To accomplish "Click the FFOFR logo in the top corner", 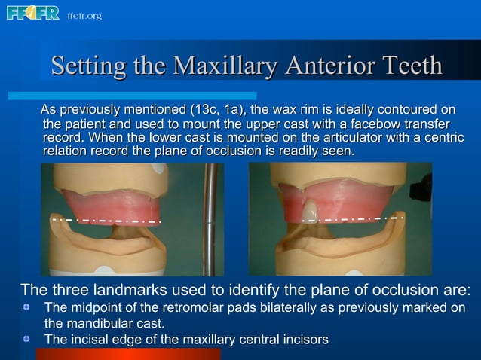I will point(32,13).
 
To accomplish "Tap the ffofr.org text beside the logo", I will point(84,16).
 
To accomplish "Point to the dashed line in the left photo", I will point(106,221).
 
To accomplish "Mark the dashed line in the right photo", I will point(354,219).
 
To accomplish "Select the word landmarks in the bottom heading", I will point(129,291).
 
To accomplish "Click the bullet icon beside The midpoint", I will point(26,307).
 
